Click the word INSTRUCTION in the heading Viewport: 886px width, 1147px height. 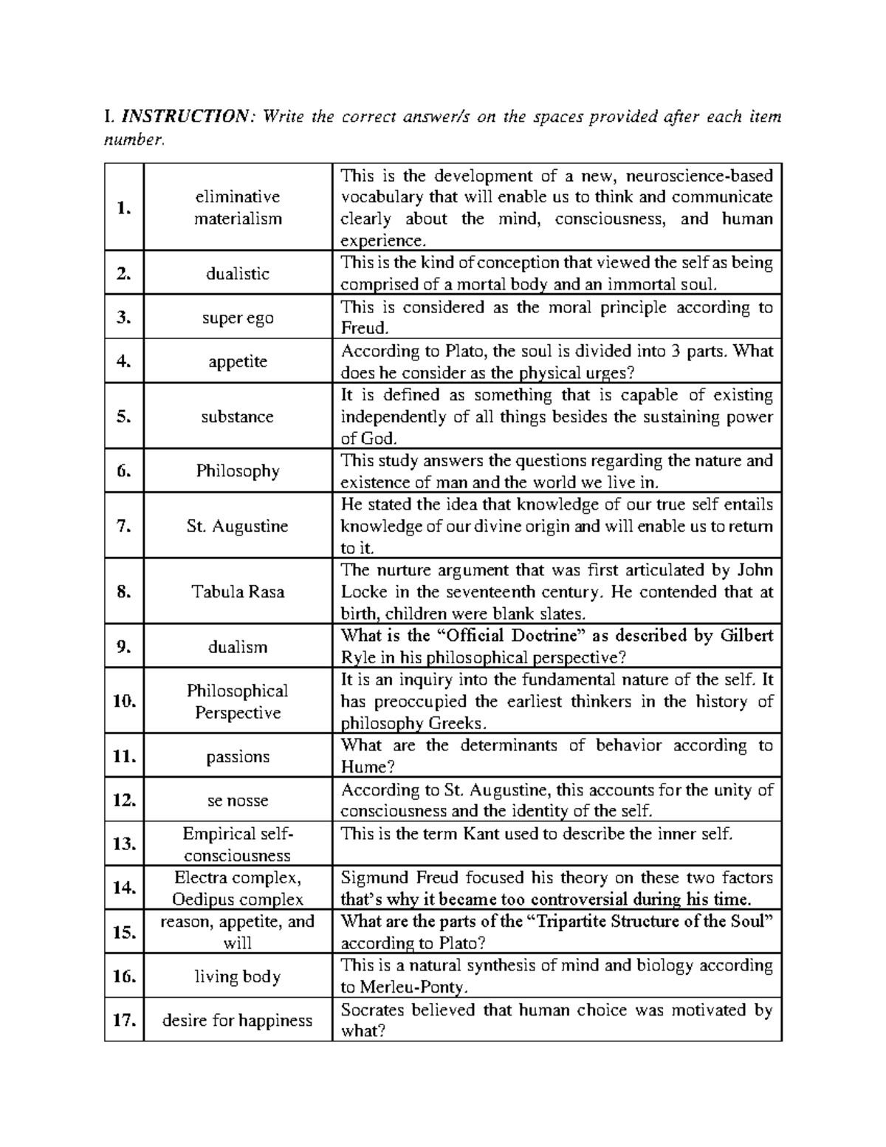[186, 117]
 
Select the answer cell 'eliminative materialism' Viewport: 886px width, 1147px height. [238, 208]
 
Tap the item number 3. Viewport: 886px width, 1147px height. [123, 318]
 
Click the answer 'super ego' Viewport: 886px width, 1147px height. [238, 318]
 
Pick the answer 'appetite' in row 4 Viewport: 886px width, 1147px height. [238, 362]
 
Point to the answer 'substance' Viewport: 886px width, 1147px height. [238, 417]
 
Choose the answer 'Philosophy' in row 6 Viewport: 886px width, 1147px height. [238, 471]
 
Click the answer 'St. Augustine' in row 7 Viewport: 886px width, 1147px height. [238, 526]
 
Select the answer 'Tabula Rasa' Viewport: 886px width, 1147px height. [238, 592]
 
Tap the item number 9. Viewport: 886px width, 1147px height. [123, 647]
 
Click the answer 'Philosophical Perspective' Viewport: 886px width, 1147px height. [238, 702]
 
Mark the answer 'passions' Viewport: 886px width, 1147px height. [238, 756]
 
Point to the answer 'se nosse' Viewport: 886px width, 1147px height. [238, 801]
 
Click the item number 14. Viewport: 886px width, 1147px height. [123, 888]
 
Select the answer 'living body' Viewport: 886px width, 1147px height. [238, 976]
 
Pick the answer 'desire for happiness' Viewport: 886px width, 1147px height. [238, 1021]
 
